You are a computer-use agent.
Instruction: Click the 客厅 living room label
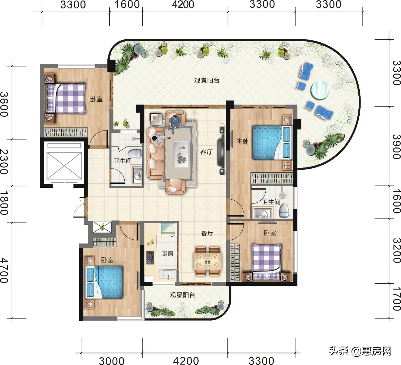pos(206,152)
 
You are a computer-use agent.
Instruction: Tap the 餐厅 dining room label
pos(207,233)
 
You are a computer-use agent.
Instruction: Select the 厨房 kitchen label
pos(167,254)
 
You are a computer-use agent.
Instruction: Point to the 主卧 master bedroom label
pos(242,141)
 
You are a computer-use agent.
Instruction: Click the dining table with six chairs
pos(207,261)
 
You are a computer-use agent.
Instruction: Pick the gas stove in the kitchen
pos(150,258)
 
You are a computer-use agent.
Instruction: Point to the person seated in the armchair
pos(174,121)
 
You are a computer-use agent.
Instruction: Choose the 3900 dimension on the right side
pos(396,147)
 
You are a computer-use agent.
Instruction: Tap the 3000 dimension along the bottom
pos(112,361)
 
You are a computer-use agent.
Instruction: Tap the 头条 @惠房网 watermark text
pos(360,351)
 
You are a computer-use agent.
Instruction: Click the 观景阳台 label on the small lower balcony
pos(183,295)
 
